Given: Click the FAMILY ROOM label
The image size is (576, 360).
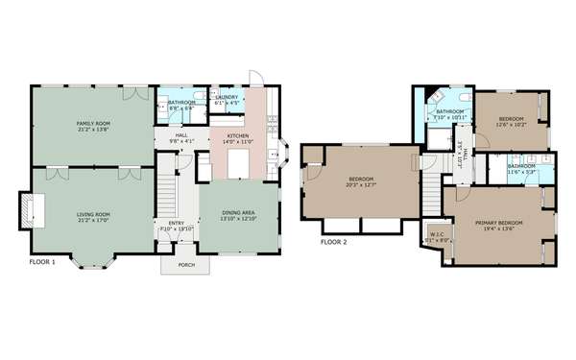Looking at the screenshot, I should (x=93, y=124).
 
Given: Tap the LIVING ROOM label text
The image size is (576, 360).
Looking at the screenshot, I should (x=93, y=214).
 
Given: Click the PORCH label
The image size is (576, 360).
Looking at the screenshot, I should (x=186, y=265).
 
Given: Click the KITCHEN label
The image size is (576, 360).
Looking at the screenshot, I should (x=238, y=136).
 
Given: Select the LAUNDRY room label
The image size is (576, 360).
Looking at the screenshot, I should (x=228, y=96).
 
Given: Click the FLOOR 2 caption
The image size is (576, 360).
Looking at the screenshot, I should (x=334, y=242).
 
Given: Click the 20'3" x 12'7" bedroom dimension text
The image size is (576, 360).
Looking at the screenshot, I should (x=361, y=185).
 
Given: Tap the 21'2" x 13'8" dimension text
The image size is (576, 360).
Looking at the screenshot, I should (x=93, y=130).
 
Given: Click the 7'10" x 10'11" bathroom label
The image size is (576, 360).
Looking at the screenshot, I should (x=448, y=117).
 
